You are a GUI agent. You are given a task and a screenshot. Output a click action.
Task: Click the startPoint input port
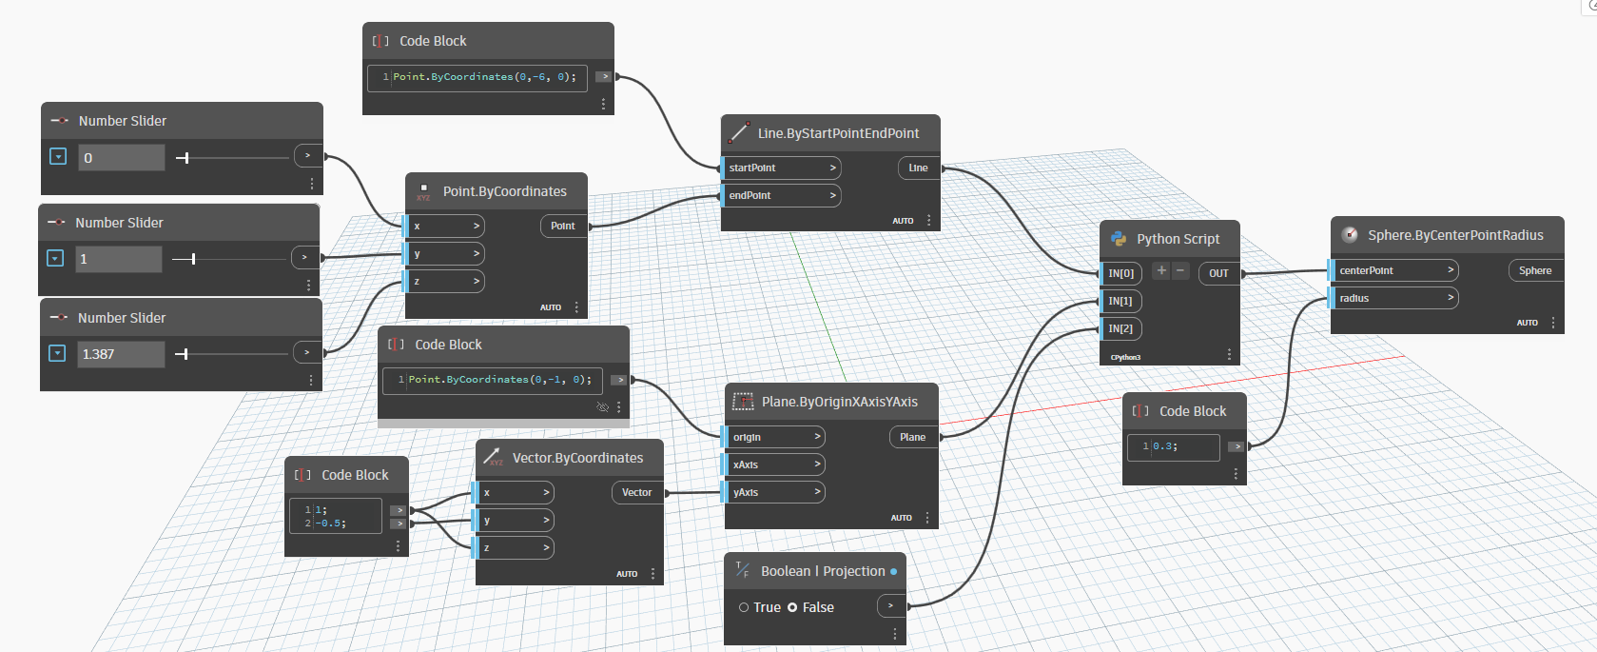[781, 168]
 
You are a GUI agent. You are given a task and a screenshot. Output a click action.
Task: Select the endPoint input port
[781, 196]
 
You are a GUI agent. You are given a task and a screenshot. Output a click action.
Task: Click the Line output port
[918, 168]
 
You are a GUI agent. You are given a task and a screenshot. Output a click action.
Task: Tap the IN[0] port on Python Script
[1121, 274]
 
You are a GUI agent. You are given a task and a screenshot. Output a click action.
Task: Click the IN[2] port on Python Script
[1121, 329]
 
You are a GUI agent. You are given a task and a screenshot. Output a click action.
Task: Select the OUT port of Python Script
[1218, 274]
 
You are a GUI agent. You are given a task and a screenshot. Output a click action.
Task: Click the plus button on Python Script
[1161, 271]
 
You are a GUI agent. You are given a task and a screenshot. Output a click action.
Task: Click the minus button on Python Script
[1180, 271]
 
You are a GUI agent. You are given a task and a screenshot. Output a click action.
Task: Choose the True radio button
[744, 607]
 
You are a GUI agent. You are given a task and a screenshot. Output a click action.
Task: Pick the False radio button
[792, 607]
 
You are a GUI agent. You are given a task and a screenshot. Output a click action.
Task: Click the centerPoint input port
[1394, 271]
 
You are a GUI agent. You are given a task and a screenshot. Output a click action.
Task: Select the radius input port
[1394, 299]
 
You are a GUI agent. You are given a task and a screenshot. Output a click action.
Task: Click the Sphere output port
[1534, 271]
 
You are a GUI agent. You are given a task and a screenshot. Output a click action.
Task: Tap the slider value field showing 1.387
[120, 354]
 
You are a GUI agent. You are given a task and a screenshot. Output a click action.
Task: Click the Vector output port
[636, 493]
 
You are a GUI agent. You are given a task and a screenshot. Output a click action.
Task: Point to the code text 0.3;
[1166, 446]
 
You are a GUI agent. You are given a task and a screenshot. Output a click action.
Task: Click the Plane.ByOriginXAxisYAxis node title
[839, 403]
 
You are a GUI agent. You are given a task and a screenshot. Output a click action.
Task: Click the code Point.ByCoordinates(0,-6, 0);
[484, 77]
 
